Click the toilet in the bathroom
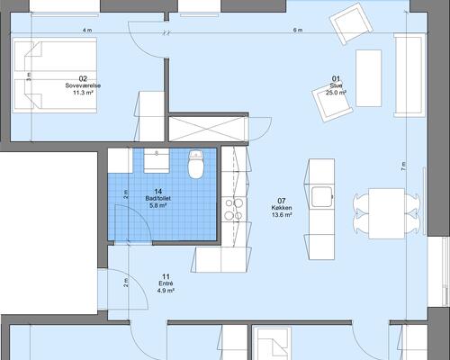tap(196, 165)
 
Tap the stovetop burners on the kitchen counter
tap(234, 210)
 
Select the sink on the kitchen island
tap(322, 197)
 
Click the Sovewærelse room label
tap(83, 85)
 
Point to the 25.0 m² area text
tap(337, 93)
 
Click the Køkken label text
tap(282, 208)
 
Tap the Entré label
tap(166, 283)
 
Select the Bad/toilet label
tap(158, 198)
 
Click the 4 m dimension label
tap(87, 31)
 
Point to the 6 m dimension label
tap(298, 31)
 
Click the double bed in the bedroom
tap(54, 76)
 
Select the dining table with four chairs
tap(386, 213)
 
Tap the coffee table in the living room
tap(369, 78)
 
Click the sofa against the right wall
tap(409, 75)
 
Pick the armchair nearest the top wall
tap(351, 23)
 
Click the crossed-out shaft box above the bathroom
tap(209, 129)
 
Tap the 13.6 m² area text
tap(282, 215)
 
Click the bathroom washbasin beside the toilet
tap(157, 161)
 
